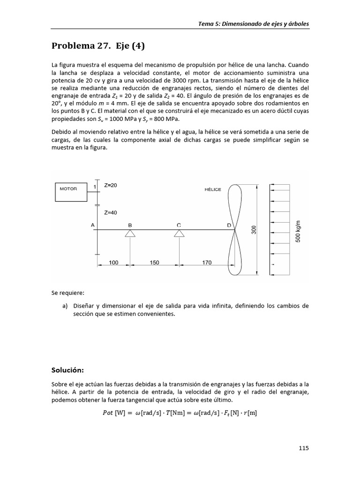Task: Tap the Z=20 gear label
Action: [x=111, y=185]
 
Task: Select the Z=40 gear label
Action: [x=111, y=212]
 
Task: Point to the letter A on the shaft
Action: [x=93, y=225]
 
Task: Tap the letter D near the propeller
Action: [x=229, y=225]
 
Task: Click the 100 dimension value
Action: [x=113, y=263]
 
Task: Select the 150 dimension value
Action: [x=154, y=263]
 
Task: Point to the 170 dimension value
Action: [x=207, y=263]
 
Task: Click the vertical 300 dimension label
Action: [x=254, y=230]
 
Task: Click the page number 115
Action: [x=303, y=448]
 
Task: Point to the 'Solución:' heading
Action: [x=67, y=370]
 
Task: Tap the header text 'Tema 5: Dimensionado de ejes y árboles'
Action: [x=254, y=24]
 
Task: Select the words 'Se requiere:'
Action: [x=68, y=293]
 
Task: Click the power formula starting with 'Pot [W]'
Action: [x=180, y=413]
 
